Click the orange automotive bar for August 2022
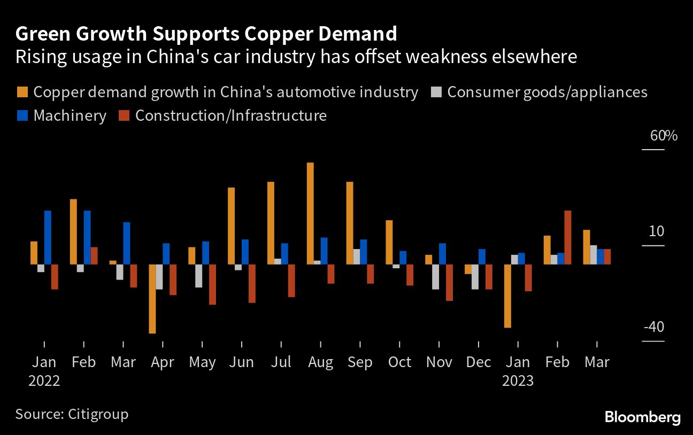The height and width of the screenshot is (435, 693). coord(310,213)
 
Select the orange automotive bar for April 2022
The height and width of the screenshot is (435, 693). coord(152,299)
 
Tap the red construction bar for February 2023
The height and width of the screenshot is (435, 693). coord(568,237)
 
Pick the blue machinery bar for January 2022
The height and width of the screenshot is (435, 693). coord(48,237)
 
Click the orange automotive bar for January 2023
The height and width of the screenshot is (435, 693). coord(507,296)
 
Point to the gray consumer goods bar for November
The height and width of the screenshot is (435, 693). coord(435,276)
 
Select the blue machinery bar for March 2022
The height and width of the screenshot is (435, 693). coord(127,243)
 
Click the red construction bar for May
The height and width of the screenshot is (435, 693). coord(212,284)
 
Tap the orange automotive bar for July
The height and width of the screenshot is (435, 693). coord(271,223)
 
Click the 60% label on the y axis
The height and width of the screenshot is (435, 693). coord(664,136)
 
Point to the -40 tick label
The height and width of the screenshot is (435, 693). coord(653,327)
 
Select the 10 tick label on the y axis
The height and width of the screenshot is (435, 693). coord(657,231)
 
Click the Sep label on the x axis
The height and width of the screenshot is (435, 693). coord(360,362)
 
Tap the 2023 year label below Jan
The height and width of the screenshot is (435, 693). coord(518,380)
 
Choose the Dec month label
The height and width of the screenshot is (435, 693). coord(478,362)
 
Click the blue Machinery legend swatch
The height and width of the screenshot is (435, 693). coord(22,115)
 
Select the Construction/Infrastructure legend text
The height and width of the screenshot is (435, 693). coord(231,115)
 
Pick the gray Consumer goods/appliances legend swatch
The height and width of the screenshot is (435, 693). coord(436,92)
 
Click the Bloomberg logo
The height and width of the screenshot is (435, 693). coord(642,417)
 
